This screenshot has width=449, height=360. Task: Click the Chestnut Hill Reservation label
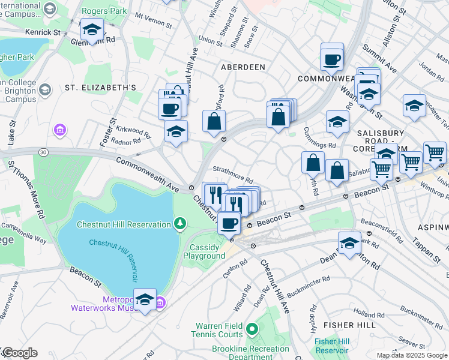coord(124,224)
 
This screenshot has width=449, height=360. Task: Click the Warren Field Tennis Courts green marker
coord(252,329)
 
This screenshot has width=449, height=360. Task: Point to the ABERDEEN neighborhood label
coord(243,67)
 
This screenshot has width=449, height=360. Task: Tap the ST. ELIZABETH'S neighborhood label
coord(101,88)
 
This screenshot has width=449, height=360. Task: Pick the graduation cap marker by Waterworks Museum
coord(145,299)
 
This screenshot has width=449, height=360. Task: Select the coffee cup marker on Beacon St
coord(229,223)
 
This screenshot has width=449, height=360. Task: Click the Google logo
coord(19,353)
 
